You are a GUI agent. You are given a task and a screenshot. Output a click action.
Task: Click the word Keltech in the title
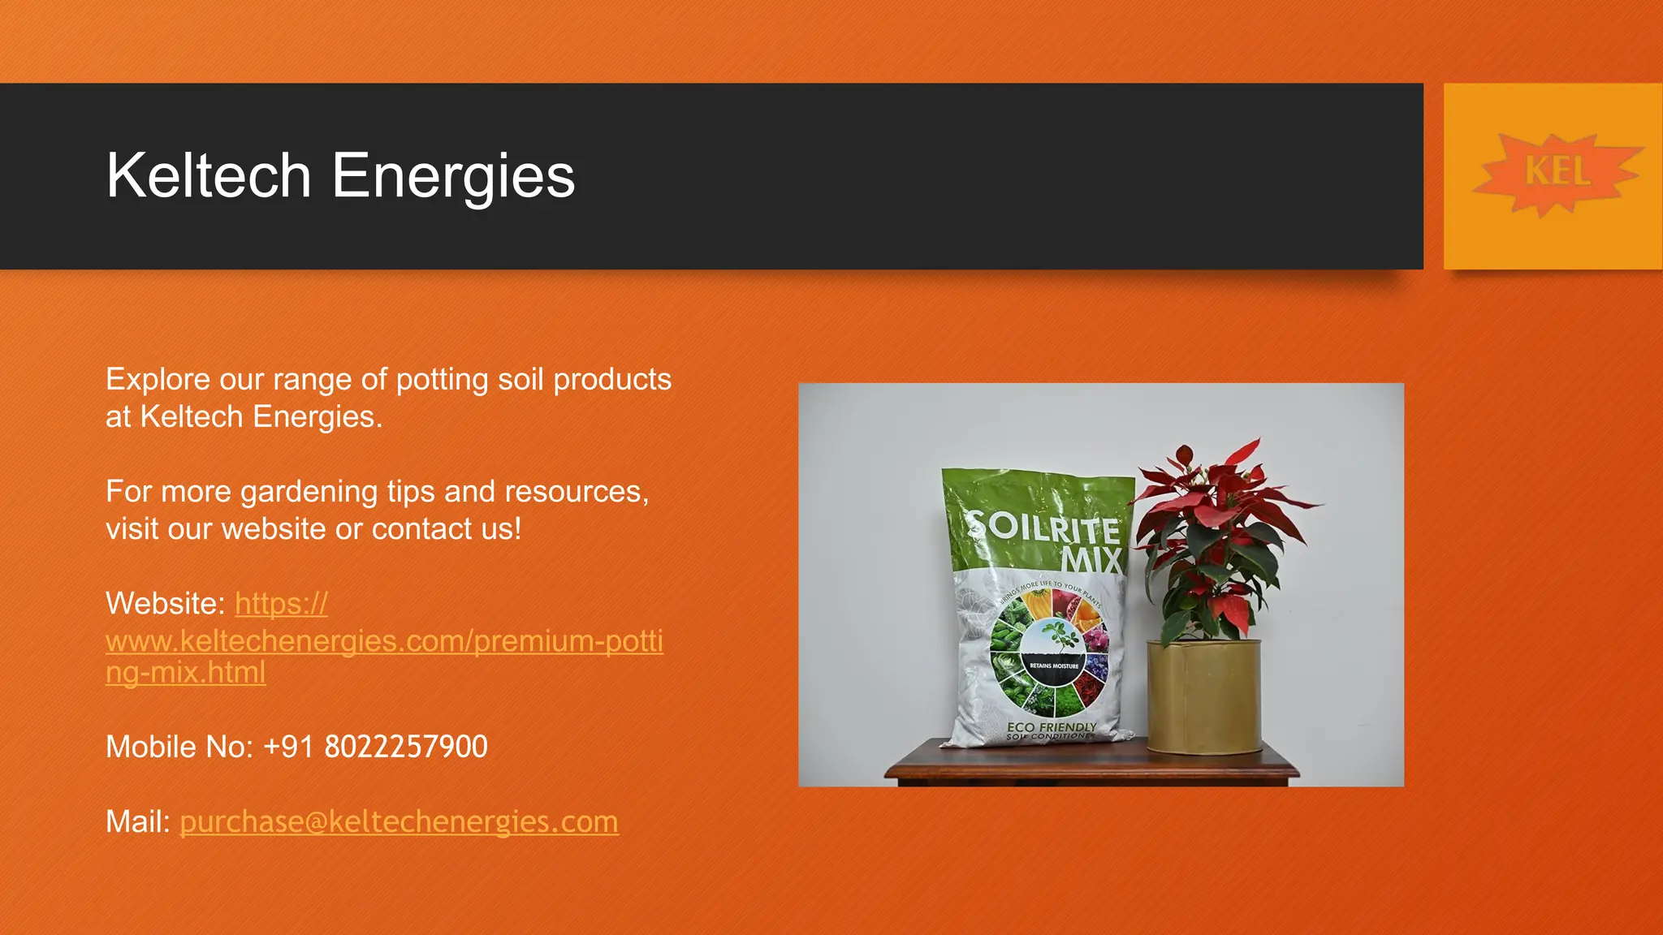(209, 175)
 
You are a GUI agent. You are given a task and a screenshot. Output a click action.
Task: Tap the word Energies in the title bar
(453, 175)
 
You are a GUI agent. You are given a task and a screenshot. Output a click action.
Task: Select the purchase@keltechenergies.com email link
(399, 821)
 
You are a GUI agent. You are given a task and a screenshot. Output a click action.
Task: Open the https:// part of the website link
(281, 604)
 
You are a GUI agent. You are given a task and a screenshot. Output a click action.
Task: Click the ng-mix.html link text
(185, 673)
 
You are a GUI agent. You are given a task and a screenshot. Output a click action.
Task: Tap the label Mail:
(137, 821)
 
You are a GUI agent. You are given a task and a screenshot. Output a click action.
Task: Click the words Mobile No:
(179, 747)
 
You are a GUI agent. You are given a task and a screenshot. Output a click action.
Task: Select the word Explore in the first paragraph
(158, 380)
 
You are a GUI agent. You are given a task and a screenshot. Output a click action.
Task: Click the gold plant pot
(1205, 696)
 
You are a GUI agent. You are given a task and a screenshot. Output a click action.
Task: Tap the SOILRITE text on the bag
(1044, 526)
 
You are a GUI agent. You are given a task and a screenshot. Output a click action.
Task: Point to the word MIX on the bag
(1092, 560)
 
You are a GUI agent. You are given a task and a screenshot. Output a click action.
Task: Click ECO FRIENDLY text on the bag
(1052, 726)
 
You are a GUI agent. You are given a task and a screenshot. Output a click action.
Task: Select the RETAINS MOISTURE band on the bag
(1054, 666)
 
